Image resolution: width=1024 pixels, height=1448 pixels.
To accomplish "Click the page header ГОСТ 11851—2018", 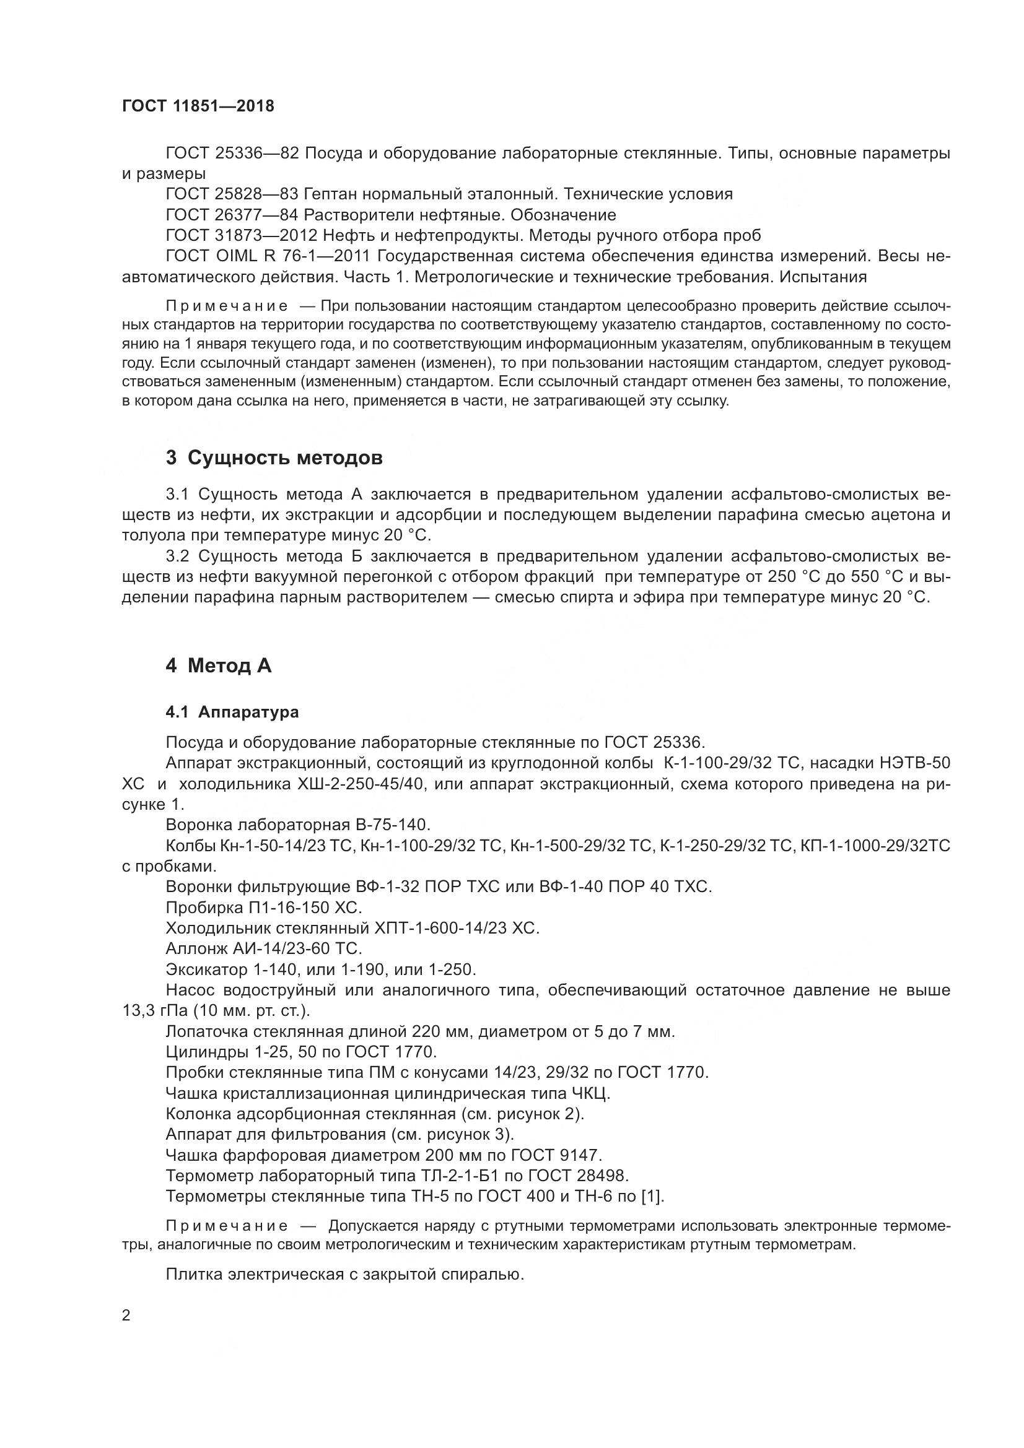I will (x=198, y=106).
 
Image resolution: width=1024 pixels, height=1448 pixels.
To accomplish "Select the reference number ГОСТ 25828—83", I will (x=232, y=194).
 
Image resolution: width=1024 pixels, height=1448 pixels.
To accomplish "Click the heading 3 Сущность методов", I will (x=274, y=458).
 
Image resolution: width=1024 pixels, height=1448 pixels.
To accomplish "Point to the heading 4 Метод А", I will (x=218, y=666).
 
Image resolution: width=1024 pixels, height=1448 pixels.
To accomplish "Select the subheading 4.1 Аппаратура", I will (x=232, y=713).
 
